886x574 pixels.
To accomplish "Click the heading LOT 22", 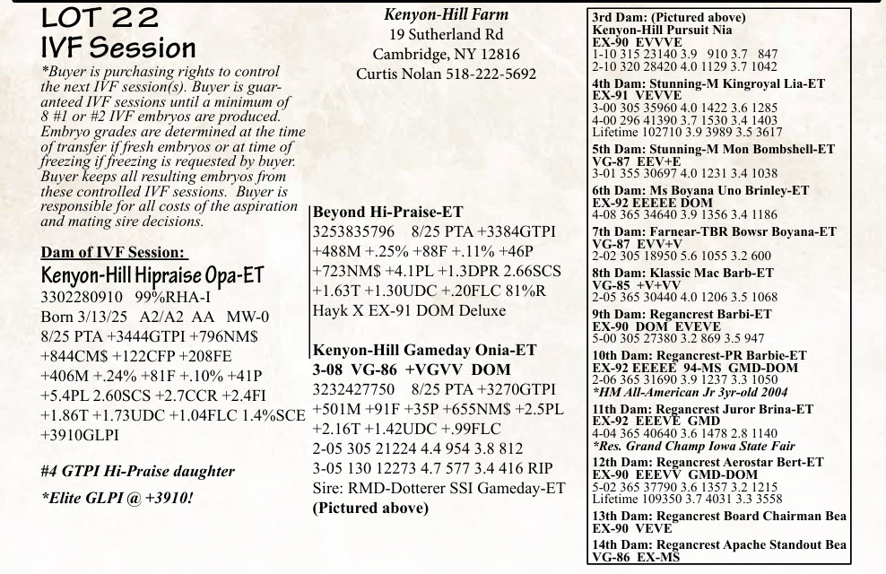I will click(100, 17).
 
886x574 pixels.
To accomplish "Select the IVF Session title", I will click(118, 48).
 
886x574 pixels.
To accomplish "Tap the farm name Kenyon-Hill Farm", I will click(446, 14).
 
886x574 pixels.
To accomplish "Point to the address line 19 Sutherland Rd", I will click(446, 34).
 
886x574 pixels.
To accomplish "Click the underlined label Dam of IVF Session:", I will click(114, 253).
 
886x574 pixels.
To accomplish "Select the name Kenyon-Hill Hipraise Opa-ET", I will click(152, 274).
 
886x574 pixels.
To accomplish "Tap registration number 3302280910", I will click(82, 296).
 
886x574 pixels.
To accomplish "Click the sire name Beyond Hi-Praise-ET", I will click(387, 213).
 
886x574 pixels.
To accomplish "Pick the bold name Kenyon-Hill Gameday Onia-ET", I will click(424, 351).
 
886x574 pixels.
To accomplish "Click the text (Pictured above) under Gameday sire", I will click(370, 508).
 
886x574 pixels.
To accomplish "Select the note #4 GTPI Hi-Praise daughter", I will click(138, 471).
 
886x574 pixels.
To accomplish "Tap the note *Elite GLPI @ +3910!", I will click(117, 497).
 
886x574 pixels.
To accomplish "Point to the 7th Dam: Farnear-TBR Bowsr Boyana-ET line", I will click(714, 231).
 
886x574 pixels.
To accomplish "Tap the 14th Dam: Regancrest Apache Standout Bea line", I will click(718, 545).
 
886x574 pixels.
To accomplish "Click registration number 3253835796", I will click(353, 232).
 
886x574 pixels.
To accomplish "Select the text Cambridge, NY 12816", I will click(446, 54).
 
